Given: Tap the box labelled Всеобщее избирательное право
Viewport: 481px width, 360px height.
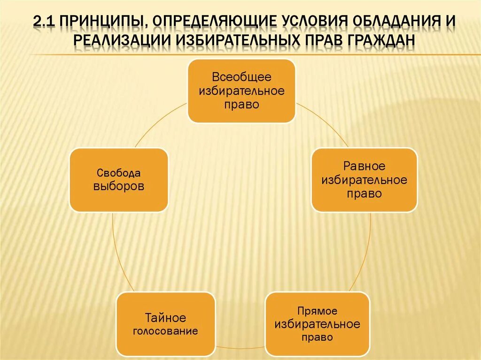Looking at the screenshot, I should [x=241, y=91].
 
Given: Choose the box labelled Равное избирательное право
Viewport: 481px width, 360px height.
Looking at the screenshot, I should [x=364, y=180].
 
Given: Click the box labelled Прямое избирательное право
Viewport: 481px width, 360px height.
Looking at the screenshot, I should [x=317, y=324].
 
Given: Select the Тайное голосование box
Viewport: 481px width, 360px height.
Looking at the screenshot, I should [x=165, y=324].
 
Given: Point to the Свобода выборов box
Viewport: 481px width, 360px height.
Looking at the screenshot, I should [x=119, y=180].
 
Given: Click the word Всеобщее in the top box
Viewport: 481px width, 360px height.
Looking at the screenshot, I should [x=241, y=77].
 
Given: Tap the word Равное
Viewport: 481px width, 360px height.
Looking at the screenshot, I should [x=364, y=166].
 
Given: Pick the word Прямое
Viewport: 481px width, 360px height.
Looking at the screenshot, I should [x=317, y=311].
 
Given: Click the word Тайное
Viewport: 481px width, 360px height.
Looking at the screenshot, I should [x=165, y=318].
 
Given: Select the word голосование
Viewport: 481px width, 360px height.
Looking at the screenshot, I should [x=165, y=331].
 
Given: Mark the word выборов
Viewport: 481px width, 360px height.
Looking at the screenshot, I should [x=119, y=186].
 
